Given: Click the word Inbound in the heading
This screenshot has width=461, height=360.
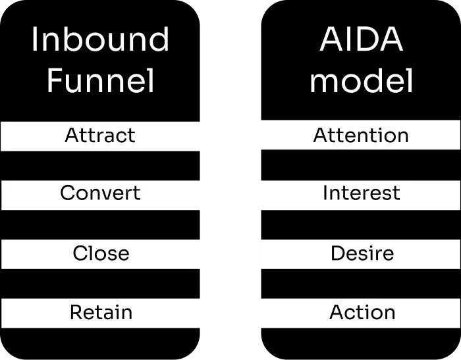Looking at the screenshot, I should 100,41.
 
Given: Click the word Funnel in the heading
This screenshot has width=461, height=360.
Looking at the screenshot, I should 100,82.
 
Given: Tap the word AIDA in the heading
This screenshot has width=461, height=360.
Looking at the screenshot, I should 361,41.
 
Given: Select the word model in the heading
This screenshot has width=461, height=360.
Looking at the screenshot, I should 361,82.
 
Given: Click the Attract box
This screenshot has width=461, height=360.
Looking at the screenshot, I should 100,136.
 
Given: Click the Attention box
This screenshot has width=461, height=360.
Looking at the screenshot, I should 360,136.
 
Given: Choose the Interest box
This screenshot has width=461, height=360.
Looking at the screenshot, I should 360,194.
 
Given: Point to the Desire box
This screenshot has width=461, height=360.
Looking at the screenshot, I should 360,253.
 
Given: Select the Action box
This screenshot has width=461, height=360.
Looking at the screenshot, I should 360,313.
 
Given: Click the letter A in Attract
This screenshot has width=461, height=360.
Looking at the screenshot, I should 72,136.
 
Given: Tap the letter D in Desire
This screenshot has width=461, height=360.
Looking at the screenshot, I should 337,253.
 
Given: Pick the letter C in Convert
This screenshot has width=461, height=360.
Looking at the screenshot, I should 67,193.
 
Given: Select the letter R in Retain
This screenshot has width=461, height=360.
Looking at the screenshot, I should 76,312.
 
